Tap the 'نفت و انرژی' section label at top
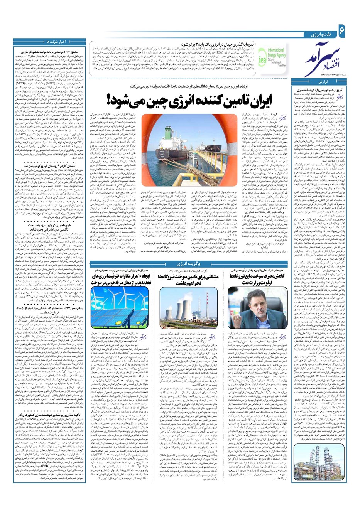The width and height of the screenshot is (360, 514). (x=321, y=35)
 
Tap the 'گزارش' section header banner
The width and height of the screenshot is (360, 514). (x=322, y=82)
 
